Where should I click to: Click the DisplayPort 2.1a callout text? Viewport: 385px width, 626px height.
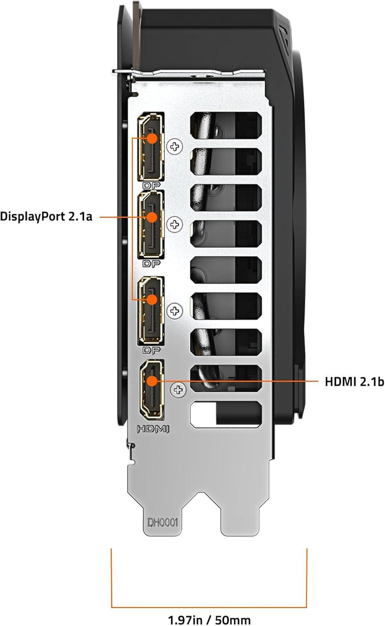[x=46, y=217]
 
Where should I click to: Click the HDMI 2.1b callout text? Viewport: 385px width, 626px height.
[x=354, y=381]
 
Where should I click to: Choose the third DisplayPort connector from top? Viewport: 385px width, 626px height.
[x=151, y=311]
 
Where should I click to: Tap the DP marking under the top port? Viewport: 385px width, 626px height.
[x=151, y=185]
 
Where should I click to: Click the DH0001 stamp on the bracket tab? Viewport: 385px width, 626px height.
[x=163, y=522]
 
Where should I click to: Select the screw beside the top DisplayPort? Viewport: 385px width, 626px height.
[x=175, y=146]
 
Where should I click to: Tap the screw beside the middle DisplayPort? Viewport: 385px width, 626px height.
[x=175, y=225]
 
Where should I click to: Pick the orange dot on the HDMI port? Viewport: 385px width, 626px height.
[x=152, y=381]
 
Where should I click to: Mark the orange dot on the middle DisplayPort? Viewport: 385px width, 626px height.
[x=152, y=217]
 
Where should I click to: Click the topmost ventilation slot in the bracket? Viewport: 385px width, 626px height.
[x=226, y=125]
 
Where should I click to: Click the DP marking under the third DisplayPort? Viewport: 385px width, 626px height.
[x=151, y=351]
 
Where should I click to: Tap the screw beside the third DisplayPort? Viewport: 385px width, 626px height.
[x=175, y=311]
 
